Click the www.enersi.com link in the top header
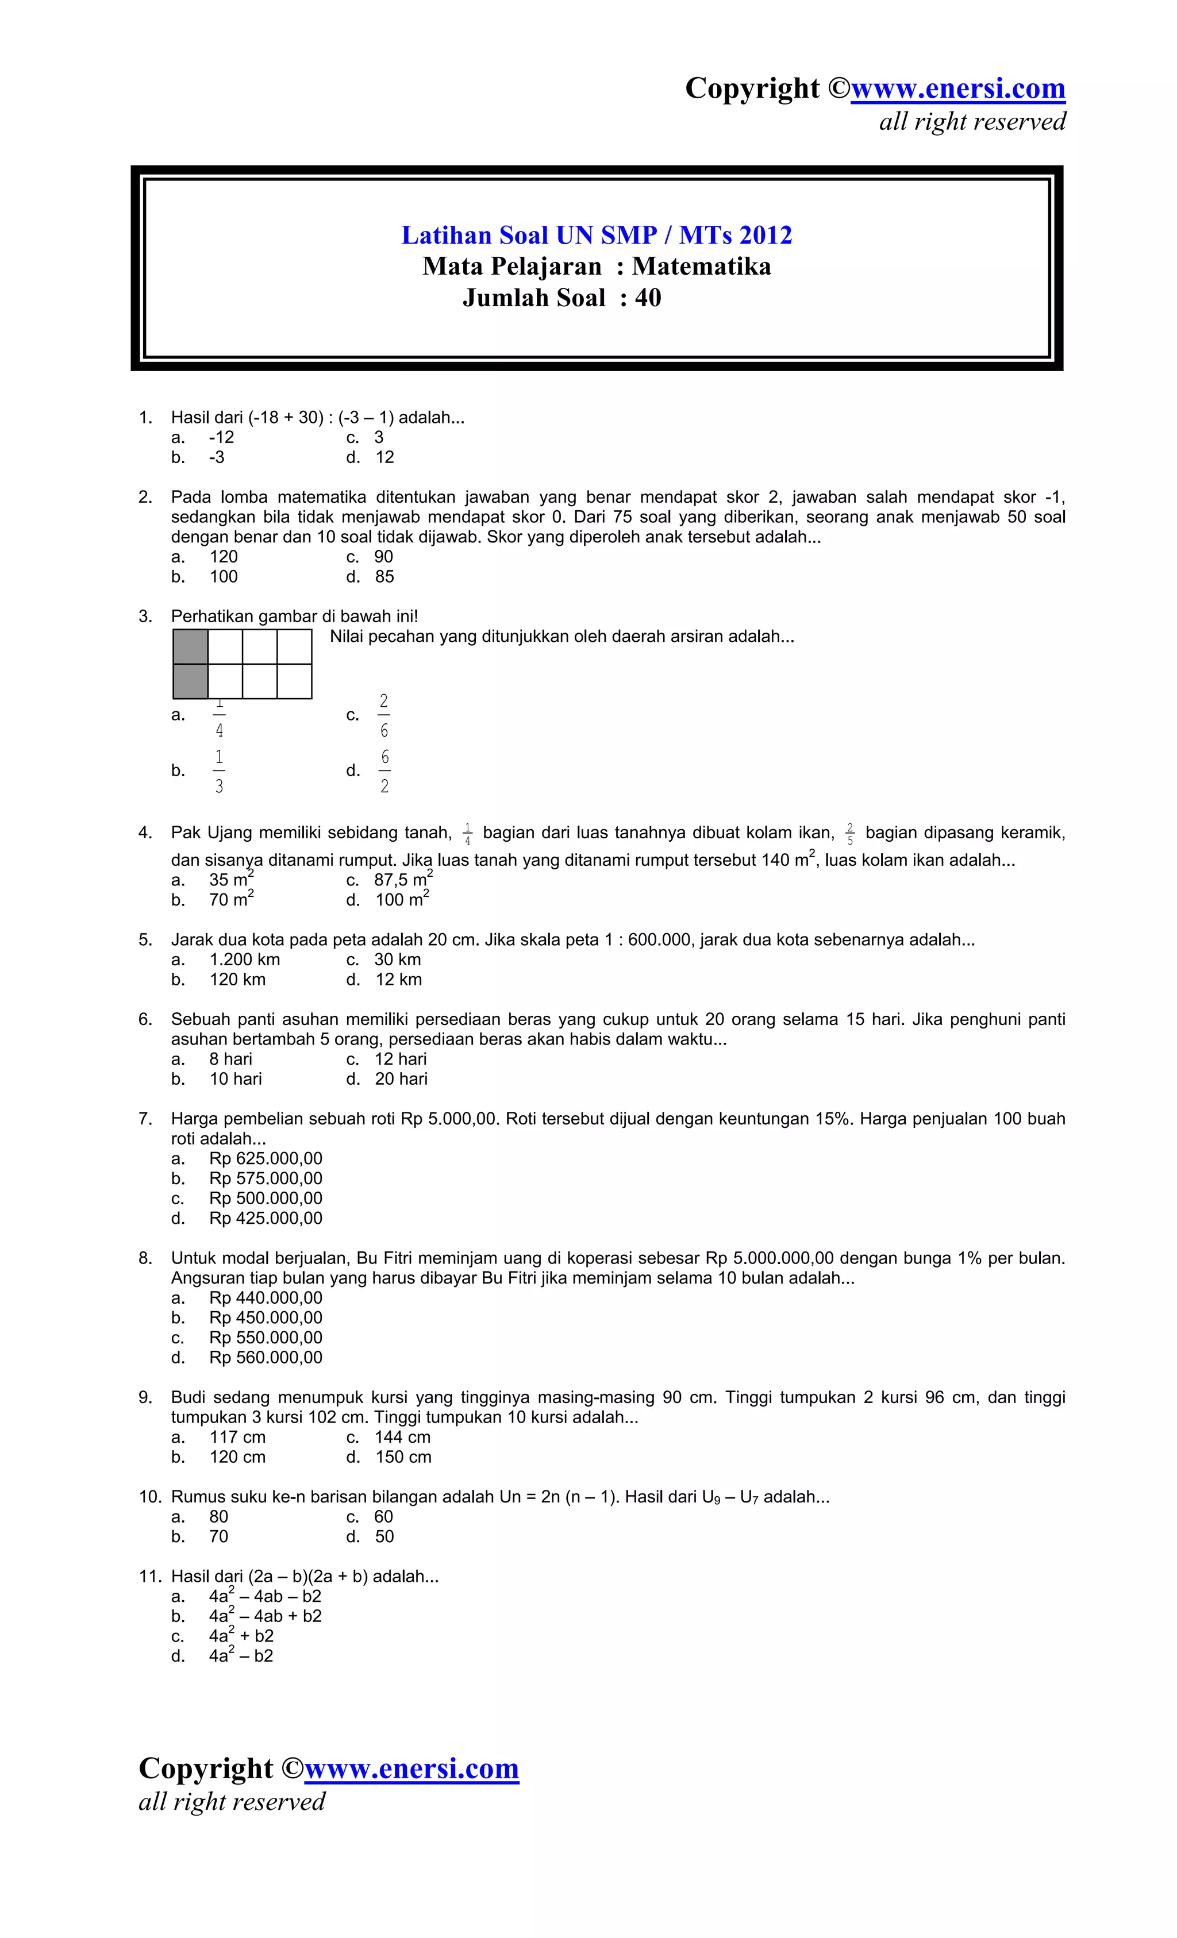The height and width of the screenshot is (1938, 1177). point(957,88)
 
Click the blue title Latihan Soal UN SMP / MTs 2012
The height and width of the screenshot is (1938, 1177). point(597,235)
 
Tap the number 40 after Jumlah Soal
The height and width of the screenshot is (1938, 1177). point(648,298)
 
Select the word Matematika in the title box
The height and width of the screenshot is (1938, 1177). point(701,267)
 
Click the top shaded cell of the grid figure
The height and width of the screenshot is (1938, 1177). point(190,646)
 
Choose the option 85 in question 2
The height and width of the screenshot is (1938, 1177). point(384,576)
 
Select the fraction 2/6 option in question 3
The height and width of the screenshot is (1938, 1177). point(383,715)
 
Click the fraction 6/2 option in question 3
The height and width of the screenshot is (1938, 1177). point(384,771)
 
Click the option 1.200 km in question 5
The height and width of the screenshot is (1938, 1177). point(245,960)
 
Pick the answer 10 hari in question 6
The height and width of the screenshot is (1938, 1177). point(235,1079)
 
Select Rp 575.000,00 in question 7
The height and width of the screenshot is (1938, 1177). point(266,1178)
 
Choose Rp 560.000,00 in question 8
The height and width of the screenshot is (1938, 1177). point(266,1358)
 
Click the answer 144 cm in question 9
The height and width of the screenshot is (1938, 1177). point(402,1437)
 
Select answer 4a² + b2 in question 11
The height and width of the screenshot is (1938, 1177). point(241,1636)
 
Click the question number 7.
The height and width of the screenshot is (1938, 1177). point(145,1119)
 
